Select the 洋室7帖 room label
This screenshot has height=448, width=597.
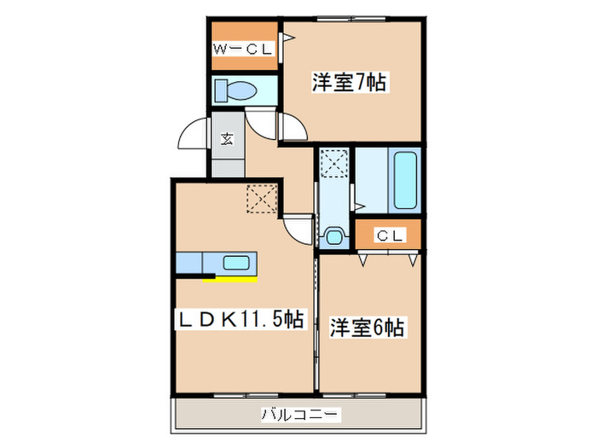pyautogui.click(x=350, y=83)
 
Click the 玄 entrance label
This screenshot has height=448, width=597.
pyautogui.click(x=228, y=139)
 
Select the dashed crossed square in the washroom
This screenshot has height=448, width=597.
pyautogui.click(x=333, y=161)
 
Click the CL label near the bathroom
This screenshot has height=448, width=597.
pyautogui.click(x=389, y=234)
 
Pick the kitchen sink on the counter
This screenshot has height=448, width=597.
pyautogui.click(x=235, y=263)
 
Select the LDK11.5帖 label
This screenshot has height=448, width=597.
pyautogui.click(x=241, y=320)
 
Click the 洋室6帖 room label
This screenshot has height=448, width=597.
pyautogui.click(x=368, y=326)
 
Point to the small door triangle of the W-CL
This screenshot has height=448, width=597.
pyautogui.click(x=287, y=37)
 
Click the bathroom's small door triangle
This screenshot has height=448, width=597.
pyautogui.click(x=362, y=205)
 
